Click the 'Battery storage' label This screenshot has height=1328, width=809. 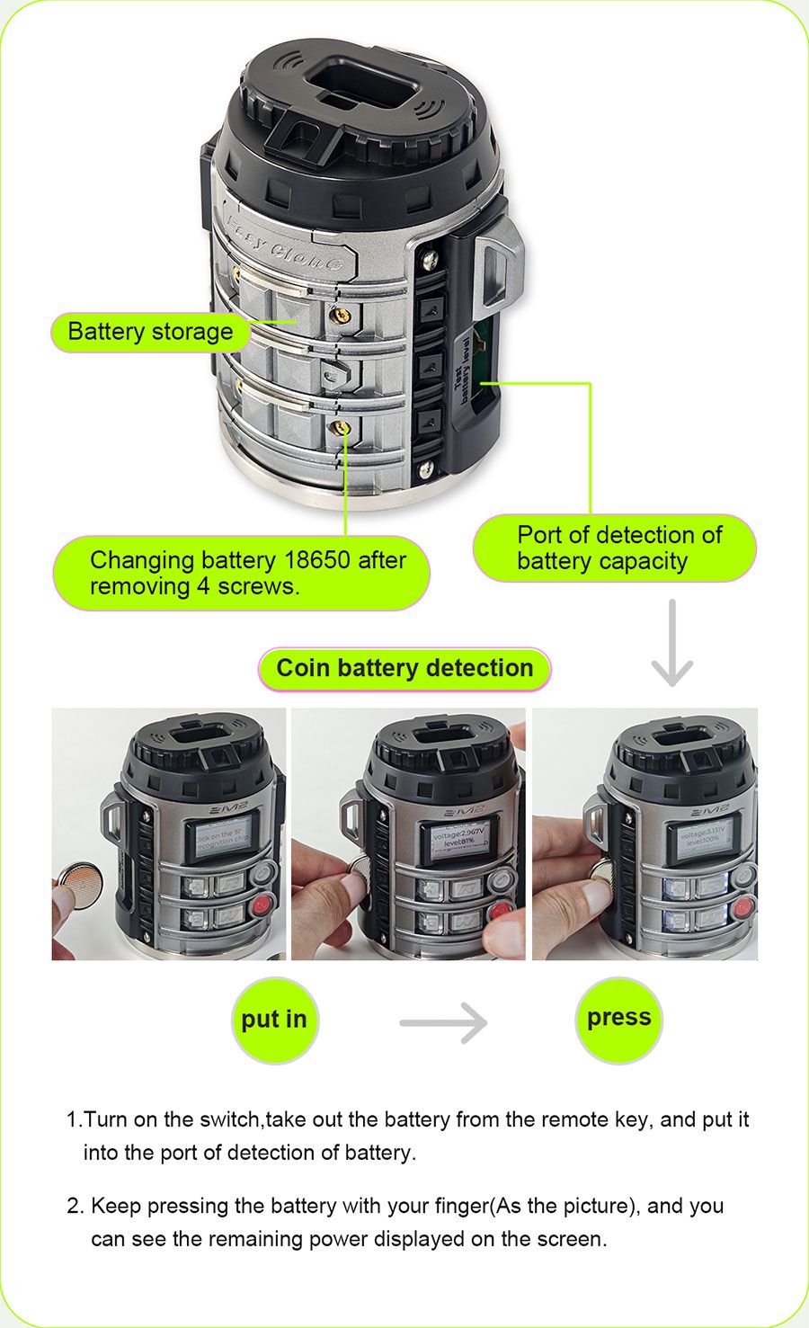click(x=149, y=332)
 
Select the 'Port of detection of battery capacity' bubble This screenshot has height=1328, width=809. click(x=614, y=548)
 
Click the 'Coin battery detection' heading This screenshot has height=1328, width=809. click(x=404, y=668)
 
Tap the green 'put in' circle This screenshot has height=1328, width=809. click(x=274, y=1020)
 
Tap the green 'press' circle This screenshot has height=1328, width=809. click(x=618, y=1018)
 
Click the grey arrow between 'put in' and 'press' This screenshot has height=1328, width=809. click(x=443, y=1022)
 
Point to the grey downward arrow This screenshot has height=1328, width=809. click(x=671, y=644)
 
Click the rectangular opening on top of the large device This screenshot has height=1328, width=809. click(x=361, y=84)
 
